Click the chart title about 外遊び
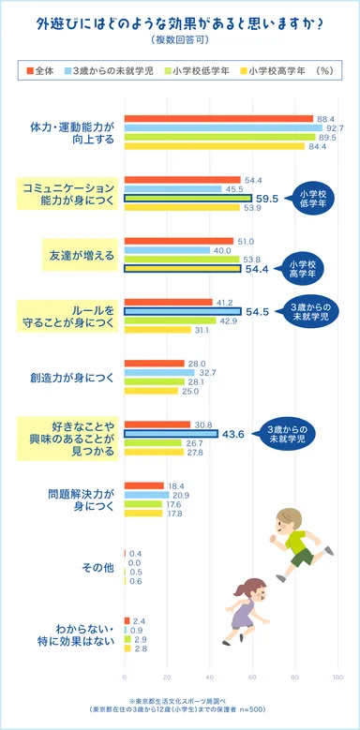(x=179, y=22)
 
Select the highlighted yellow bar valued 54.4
(x=182, y=269)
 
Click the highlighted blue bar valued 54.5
(x=182, y=311)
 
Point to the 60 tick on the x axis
(x=251, y=677)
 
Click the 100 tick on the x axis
(x=336, y=677)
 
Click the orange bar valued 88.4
(x=217, y=118)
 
